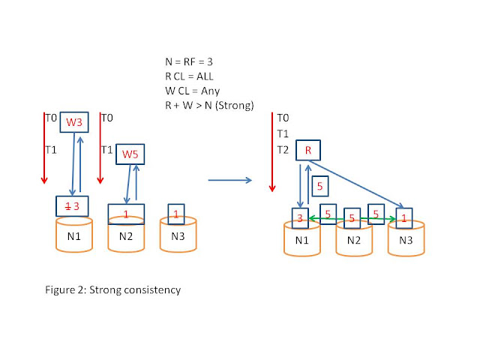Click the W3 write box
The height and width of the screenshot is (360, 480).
[x=74, y=122]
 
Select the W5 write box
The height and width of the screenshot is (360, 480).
[x=130, y=154]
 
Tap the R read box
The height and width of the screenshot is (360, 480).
[x=308, y=150]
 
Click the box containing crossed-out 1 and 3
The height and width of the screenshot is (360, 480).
[x=72, y=206]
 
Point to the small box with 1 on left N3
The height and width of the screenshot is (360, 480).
[x=176, y=214]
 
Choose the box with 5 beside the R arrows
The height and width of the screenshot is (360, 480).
[x=320, y=186]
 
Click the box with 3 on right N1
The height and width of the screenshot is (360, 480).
[x=300, y=218]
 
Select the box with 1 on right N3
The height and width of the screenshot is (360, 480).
[x=404, y=218]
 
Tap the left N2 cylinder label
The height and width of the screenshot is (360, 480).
[x=126, y=236]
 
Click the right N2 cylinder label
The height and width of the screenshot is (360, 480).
[x=354, y=240]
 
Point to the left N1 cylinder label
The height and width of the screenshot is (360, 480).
[x=73, y=236]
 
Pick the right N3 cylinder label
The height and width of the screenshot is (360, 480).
[x=406, y=240]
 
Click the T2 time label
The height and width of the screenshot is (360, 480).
[x=283, y=150]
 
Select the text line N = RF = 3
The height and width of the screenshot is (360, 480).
[x=189, y=61]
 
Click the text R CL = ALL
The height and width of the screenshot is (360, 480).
[x=189, y=76]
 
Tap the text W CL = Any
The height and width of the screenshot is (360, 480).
[x=193, y=91]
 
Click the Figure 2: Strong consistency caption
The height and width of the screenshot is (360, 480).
[x=113, y=290]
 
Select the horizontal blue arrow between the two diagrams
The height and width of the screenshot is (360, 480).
[x=230, y=180]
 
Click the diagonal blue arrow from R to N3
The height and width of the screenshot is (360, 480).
[x=356, y=184]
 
